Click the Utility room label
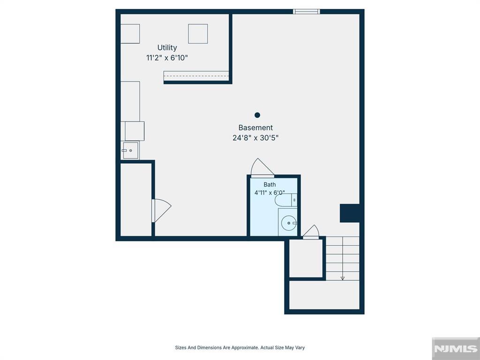(167, 48)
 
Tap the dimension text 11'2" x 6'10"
(167, 58)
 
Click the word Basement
(255, 127)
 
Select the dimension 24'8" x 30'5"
(255, 138)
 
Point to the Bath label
(270, 185)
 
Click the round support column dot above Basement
(257, 115)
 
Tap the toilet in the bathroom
(286, 200)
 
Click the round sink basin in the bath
(289, 223)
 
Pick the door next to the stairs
(311, 232)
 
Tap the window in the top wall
(307, 12)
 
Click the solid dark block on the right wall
(350, 213)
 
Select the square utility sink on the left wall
(130, 150)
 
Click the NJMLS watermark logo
(456, 348)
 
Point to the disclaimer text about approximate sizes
(240, 347)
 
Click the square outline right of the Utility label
(198, 34)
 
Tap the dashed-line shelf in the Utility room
(196, 76)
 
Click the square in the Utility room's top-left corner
(130, 34)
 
